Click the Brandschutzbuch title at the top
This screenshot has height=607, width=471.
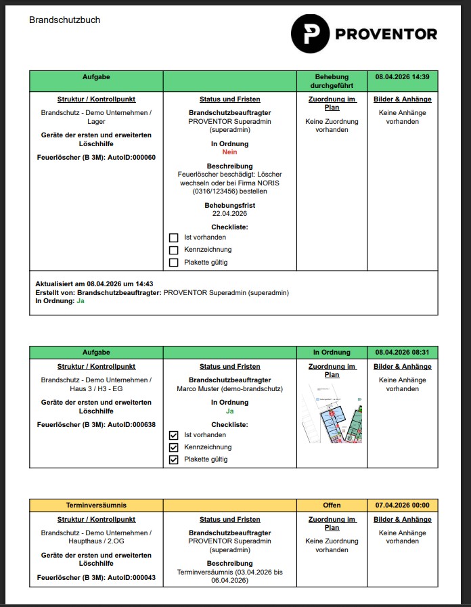coord(64,20)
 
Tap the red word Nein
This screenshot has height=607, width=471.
coord(229,152)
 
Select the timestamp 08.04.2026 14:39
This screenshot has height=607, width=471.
coord(402,76)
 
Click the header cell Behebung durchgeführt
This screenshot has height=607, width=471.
coord(332,81)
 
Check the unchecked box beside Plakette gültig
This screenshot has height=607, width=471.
coord(173,263)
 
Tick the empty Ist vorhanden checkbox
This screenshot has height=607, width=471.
coord(173,238)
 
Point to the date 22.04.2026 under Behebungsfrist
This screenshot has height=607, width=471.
coord(229,213)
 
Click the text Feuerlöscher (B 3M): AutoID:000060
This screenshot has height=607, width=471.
coord(96,157)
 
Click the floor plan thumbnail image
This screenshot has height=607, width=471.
coord(332,413)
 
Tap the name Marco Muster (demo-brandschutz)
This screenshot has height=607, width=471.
coord(229,389)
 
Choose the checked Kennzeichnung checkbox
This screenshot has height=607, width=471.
coord(173,447)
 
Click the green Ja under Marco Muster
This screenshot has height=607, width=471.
coord(229,411)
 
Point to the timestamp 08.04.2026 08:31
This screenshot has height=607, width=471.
coord(402,353)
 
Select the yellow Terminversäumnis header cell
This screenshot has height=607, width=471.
coord(96,505)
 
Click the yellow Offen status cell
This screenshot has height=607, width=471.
coord(332,505)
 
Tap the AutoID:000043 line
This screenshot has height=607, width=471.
coord(96,577)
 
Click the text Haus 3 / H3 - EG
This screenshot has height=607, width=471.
coord(96,389)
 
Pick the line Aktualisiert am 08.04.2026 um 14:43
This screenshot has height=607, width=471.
coord(94,284)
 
